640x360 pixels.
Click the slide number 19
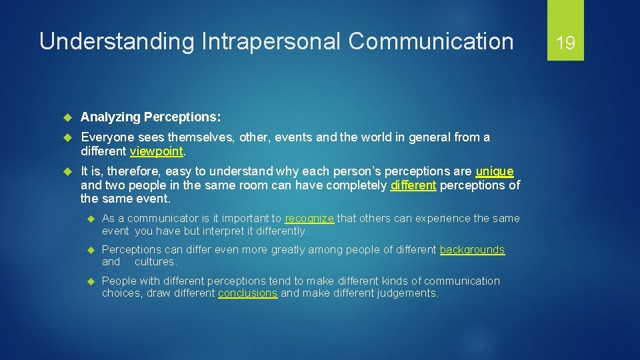pos(565,43)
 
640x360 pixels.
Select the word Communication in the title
pos(431,41)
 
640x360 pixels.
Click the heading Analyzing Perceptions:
pos(151,117)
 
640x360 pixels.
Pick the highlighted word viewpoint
pos(156,151)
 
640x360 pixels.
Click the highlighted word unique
pos(494,171)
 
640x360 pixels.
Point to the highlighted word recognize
pos(309,219)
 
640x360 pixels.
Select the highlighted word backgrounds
pos(472,250)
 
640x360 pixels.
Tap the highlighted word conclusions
pos(247,293)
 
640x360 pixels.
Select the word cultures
pos(155,262)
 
